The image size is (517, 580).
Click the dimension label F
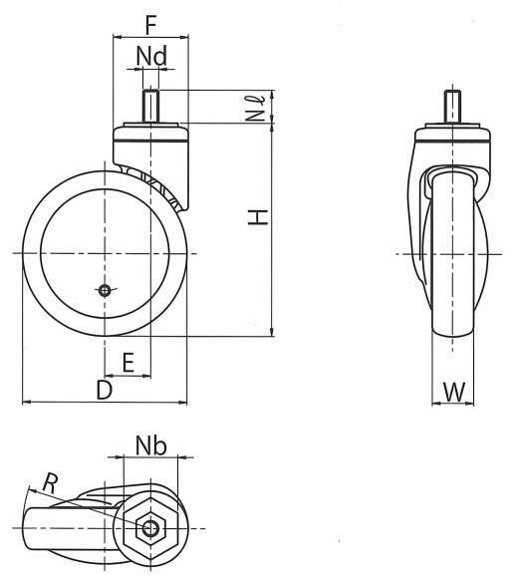(x=151, y=25)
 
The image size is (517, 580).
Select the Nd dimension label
(x=151, y=56)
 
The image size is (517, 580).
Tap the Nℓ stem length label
(x=256, y=109)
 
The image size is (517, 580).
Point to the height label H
(x=257, y=217)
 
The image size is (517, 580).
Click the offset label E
(x=128, y=363)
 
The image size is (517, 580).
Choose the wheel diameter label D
(x=105, y=390)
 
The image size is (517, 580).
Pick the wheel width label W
(x=453, y=392)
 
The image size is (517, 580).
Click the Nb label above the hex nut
(x=150, y=445)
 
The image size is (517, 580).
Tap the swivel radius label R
(x=50, y=483)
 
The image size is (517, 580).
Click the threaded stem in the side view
(x=150, y=107)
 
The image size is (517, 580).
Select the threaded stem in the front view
(x=452, y=107)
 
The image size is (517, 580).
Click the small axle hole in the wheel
(x=105, y=290)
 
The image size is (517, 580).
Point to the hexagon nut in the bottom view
(x=150, y=528)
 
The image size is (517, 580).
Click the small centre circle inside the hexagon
(x=150, y=528)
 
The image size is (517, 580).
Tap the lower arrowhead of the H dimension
(x=273, y=332)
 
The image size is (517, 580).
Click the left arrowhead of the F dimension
(x=118, y=37)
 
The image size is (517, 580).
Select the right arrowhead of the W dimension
(x=469, y=404)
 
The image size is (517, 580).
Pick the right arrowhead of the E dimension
(x=146, y=376)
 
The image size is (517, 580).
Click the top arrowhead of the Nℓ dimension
(x=273, y=95)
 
